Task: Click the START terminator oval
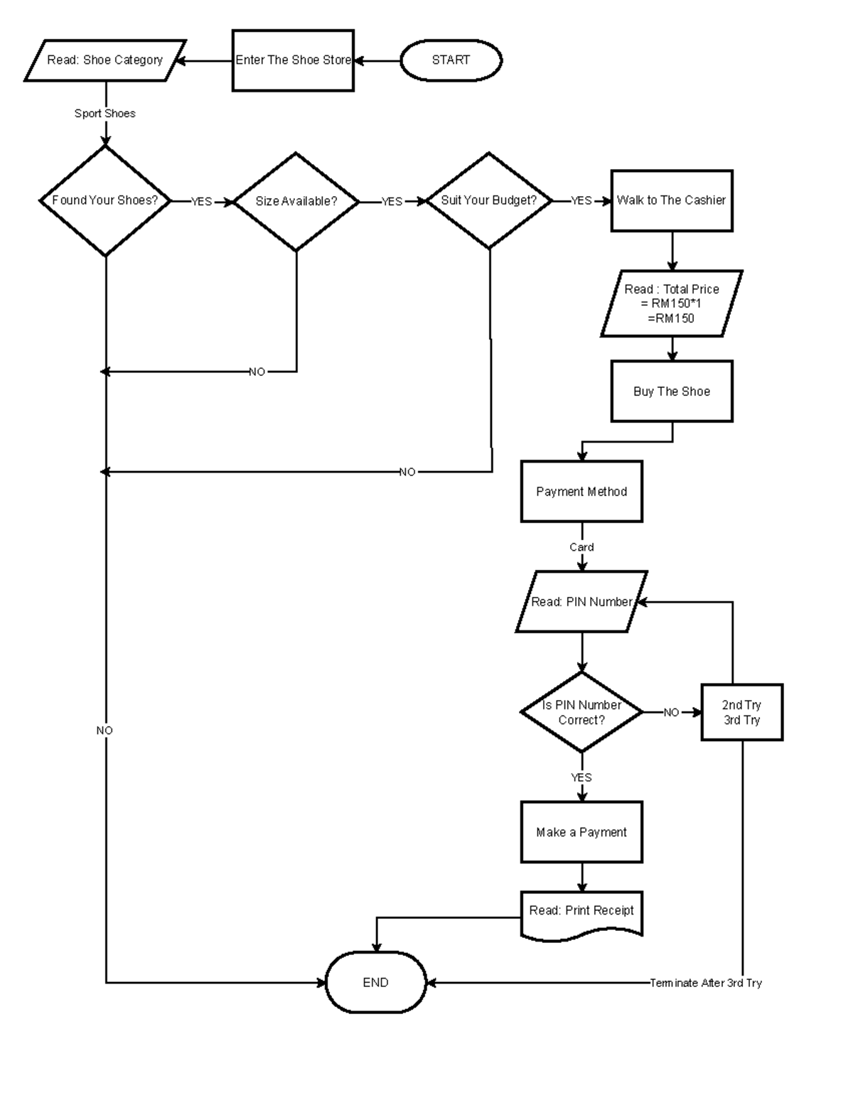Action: point(451,60)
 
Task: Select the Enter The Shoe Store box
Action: point(293,60)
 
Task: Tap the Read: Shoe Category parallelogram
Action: point(105,60)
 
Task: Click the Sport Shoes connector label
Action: point(105,114)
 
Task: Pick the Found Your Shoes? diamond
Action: point(105,201)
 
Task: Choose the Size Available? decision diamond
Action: point(296,202)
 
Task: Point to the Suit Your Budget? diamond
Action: point(489,201)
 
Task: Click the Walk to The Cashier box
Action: point(672,201)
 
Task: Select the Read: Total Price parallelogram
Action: point(672,303)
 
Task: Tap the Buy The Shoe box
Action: point(672,392)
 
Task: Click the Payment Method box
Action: point(581,492)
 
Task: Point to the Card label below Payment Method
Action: point(581,547)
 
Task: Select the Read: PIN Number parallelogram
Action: point(581,602)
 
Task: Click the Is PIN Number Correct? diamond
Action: point(581,712)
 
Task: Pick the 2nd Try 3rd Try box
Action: point(741,713)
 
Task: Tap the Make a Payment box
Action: point(581,832)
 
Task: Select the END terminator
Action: point(375,983)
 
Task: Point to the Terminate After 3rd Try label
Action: point(706,983)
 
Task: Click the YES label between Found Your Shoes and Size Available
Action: point(202,202)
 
